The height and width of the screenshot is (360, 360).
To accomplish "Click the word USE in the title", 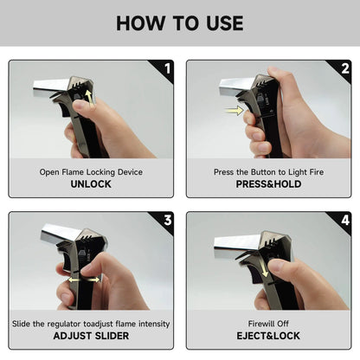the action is tap(225, 23).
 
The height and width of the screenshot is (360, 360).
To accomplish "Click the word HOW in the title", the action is tap(140, 23).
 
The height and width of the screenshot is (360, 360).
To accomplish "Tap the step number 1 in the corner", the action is tap(168, 68).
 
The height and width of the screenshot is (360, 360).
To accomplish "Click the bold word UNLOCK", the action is tap(91, 184).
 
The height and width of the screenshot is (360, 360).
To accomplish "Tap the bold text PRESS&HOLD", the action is tap(268, 184).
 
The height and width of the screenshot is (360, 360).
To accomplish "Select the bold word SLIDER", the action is tap(112, 336).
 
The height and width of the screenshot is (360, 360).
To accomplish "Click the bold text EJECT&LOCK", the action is tap(268, 336).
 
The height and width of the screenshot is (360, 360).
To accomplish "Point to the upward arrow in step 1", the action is tap(90, 99).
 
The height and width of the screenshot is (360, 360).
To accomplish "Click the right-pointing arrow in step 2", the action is tap(235, 111).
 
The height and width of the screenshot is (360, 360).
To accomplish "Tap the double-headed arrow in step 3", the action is tap(84, 280).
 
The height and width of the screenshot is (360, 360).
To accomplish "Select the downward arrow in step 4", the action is tap(263, 266).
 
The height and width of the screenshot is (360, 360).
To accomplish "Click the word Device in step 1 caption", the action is tap(130, 172).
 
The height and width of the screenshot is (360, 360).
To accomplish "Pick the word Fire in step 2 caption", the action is tap(317, 172).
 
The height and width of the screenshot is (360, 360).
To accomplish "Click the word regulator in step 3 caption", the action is tap(64, 325).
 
